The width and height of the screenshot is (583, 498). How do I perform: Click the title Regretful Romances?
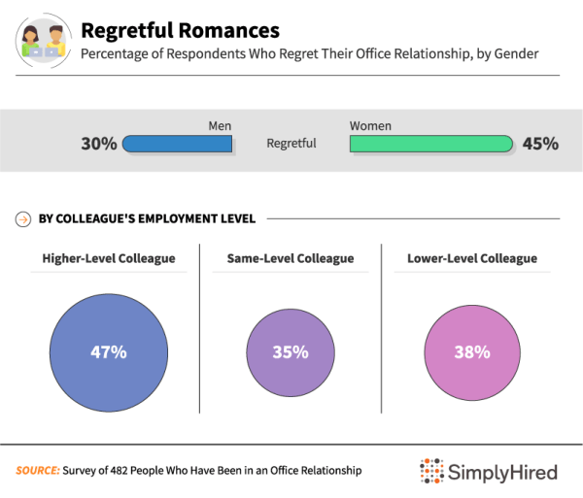click(x=180, y=31)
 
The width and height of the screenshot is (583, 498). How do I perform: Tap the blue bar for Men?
click(x=178, y=144)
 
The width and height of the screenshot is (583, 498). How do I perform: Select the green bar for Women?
click(x=430, y=144)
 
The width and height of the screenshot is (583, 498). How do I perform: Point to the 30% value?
click(x=99, y=144)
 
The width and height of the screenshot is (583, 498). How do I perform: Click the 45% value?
click(x=540, y=144)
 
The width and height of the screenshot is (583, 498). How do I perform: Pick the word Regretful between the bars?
click(x=291, y=144)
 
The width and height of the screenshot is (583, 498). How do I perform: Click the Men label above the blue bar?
click(x=220, y=126)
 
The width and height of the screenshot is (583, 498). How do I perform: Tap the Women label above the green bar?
click(x=371, y=126)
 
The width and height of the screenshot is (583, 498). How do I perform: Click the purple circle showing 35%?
click(x=290, y=352)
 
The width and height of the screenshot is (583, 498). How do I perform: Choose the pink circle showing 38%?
click(x=471, y=352)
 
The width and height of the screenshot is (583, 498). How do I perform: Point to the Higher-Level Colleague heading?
click(x=109, y=258)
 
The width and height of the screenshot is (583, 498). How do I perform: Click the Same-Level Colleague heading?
click(x=290, y=258)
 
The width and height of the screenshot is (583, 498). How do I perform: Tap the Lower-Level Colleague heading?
click(x=472, y=258)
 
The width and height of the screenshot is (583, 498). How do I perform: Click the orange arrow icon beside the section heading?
click(x=22, y=218)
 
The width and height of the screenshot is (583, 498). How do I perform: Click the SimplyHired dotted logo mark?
click(x=431, y=472)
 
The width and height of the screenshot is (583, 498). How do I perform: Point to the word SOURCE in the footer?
click(x=37, y=471)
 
